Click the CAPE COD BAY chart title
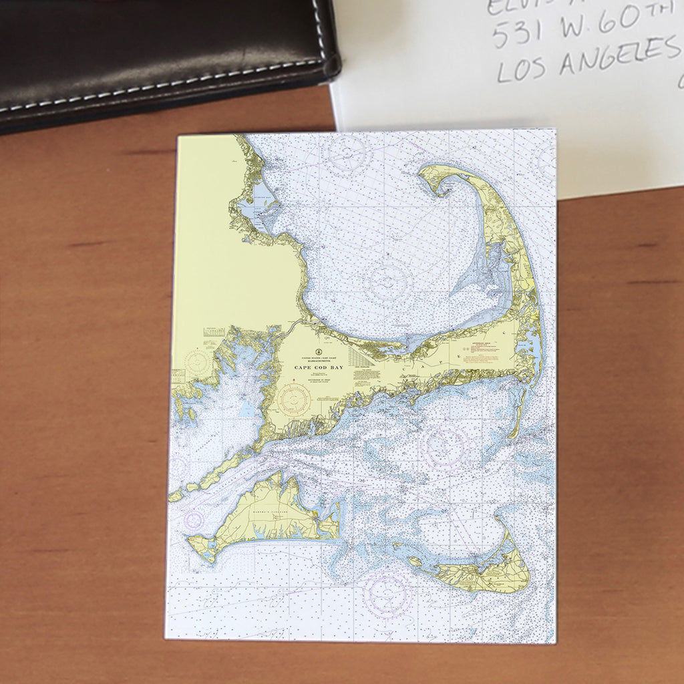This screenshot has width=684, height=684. click(318, 367)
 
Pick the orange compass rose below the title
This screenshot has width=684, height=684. click(294, 400)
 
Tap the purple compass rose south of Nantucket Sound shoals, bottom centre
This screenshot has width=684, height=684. click(387, 592)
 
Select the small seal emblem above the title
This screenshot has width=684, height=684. click(319, 351)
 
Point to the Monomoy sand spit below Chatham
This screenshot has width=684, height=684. click(516, 414)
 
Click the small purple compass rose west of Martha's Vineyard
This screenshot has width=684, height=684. click(194, 519)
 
